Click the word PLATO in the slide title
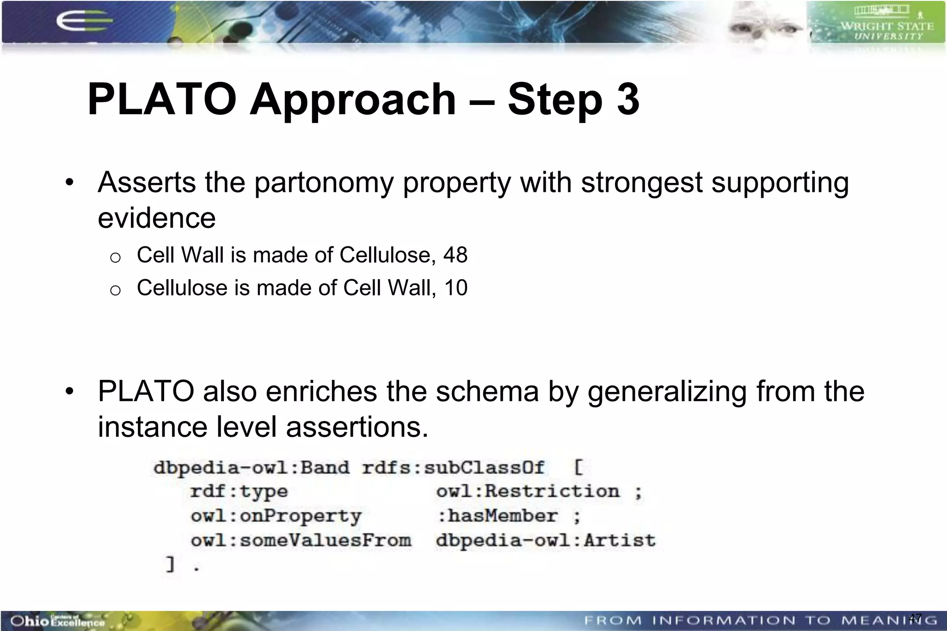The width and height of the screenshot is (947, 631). pos(162,99)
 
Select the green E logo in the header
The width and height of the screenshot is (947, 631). pos(83,21)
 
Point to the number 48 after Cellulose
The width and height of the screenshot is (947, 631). pos(455,255)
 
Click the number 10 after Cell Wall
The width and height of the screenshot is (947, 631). pos(455,288)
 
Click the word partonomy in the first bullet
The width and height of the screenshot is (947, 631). pos(324,183)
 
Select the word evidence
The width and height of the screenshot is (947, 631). pos(156,218)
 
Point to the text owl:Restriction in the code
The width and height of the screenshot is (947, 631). pos(527,491)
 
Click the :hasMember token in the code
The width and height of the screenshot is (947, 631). pos(497,516)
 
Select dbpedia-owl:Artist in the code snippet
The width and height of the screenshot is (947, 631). pos(546,540)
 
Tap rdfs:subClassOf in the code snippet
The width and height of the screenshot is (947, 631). pos(453,467)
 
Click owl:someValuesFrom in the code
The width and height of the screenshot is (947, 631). pos(301,540)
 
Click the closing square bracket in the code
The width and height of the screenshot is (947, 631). pos(170,564)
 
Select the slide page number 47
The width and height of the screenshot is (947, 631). pos(915,618)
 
